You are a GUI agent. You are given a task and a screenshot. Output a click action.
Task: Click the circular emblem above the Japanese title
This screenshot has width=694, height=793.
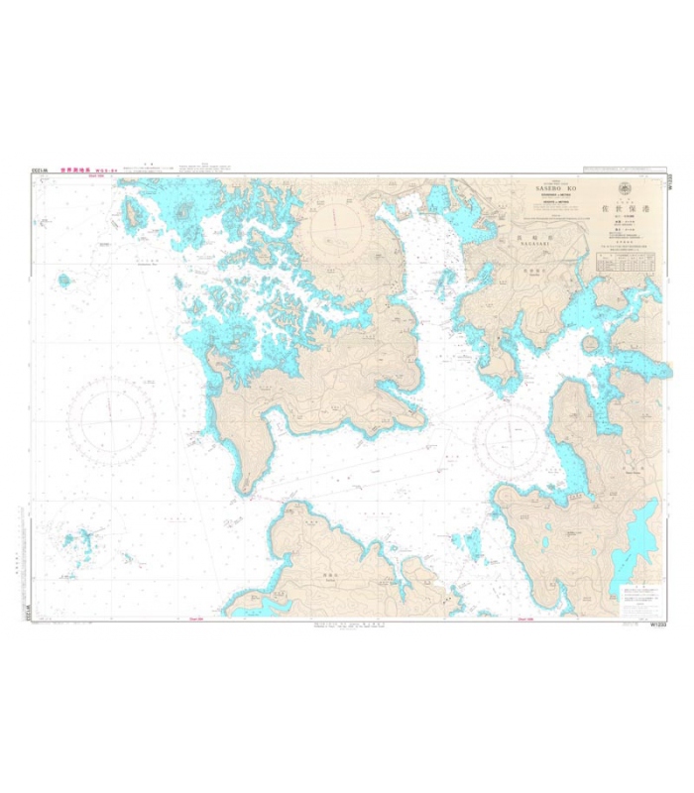pos(624,188)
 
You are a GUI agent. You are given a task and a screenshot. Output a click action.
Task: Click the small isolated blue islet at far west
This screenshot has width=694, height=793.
pos(64,280)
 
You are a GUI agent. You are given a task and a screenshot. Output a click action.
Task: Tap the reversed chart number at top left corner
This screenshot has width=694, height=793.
pos(40,170)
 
